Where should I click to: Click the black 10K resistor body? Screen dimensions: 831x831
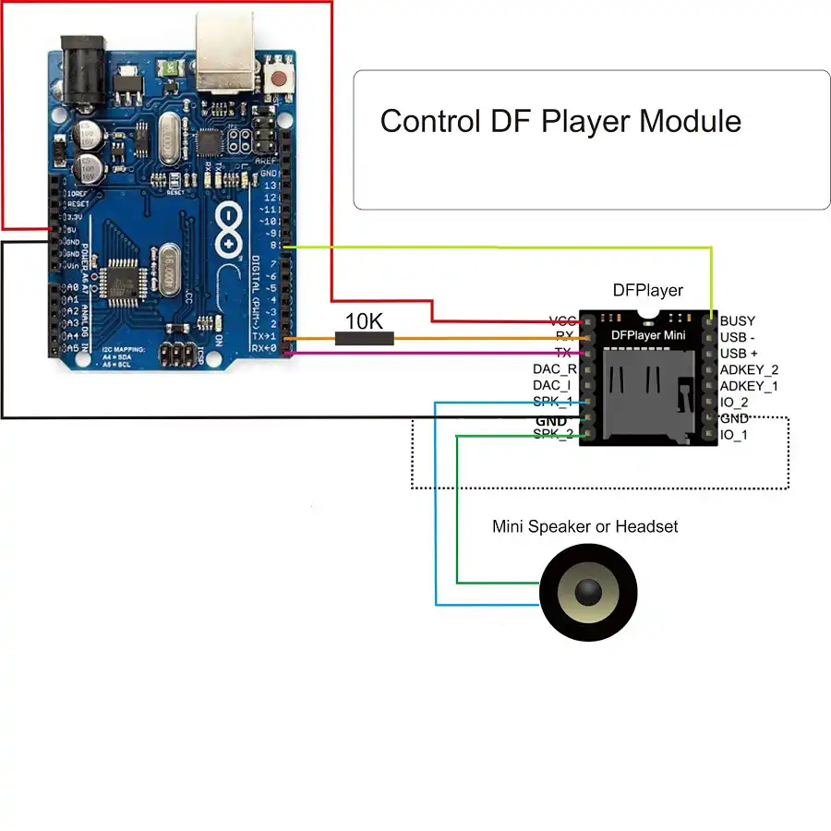coord(364,339)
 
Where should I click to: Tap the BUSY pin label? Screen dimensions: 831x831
coord(738,320)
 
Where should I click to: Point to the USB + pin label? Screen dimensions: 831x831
coord(739,353)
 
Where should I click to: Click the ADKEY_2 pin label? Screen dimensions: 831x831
coord(749,369)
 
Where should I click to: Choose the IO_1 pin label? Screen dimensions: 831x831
coord(734,434)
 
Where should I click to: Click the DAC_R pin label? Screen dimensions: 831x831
coord(555,368)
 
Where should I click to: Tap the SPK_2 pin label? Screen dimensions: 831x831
coord(553,434)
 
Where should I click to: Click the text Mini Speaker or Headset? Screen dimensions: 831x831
coord(584,526)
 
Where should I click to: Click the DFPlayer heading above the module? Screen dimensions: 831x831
coord(648,290)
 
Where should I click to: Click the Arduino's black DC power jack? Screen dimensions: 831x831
coord(83,65)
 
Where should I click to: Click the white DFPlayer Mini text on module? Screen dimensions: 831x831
coord(647,335)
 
